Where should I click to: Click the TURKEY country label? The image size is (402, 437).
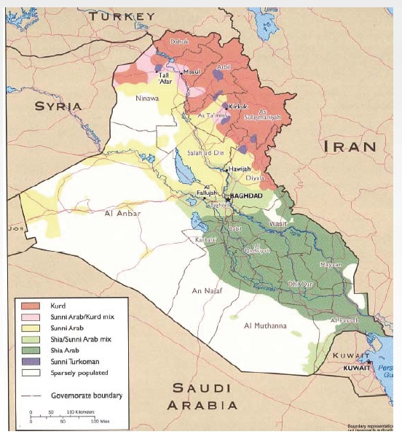click(x=117, y=16)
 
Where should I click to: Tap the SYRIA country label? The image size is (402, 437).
click(x=58, y=107)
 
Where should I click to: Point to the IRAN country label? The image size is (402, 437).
click(x=350, y=147)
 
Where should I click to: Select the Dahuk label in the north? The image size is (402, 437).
click(x=179, y=42)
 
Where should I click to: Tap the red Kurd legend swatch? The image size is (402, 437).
click(x=28, y=305)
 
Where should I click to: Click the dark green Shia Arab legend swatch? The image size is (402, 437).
click(x=28, y=349)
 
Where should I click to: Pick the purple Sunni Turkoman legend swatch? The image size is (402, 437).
click(x=28, y=360)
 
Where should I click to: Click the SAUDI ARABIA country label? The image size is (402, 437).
click(x=201, y=397)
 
